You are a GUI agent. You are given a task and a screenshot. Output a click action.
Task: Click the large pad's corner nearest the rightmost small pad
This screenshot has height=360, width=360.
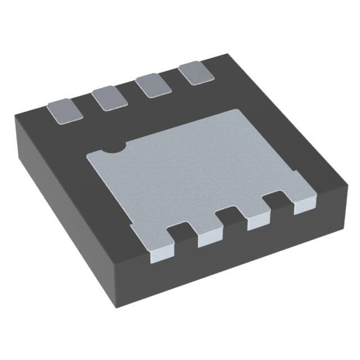coord(243,111)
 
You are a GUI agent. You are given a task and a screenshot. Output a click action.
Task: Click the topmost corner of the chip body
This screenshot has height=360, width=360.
coord(226,53)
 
